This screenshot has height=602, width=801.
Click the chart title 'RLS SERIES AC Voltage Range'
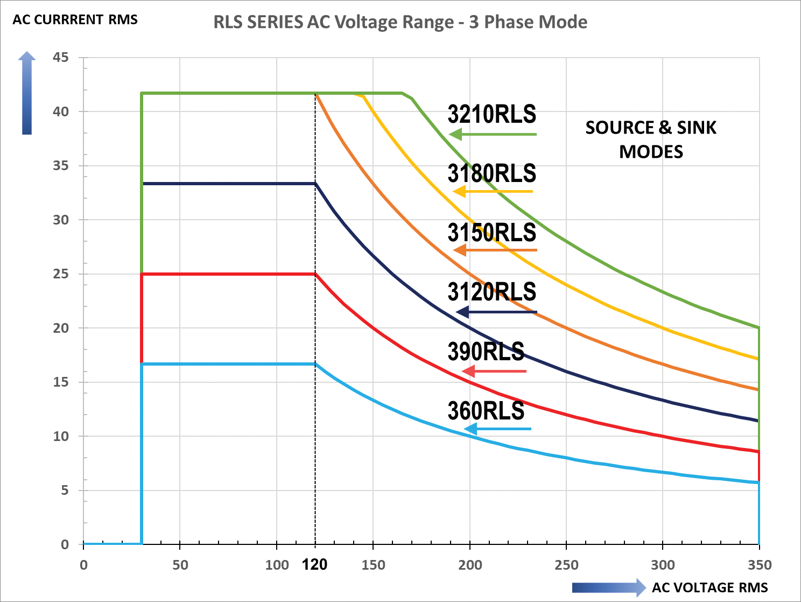tap(400, 22)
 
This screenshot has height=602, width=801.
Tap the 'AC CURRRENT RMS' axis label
tap(75, 20)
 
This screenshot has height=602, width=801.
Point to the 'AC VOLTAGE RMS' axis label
tap(709, 587)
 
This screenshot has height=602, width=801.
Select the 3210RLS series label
tap(491, 115)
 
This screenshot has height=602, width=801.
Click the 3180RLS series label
tap(491, 173)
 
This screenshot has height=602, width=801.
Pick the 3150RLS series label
tap(491, 233)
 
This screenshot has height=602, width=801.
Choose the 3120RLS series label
tap(491, 292)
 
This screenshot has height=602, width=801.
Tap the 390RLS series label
tap(486, 352)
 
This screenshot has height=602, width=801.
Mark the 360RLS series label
tap(486, 411)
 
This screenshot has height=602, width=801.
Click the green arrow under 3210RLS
tap(492, 134)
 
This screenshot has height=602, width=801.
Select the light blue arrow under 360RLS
tap(497, 429)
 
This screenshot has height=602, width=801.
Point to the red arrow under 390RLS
tap(494, 371)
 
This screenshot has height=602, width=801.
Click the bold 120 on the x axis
tap(314, 564)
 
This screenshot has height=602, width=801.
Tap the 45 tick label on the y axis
tap(61, 57)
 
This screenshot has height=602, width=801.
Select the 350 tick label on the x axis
tap(759, 565)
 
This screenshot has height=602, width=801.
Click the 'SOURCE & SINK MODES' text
tap(651, 139)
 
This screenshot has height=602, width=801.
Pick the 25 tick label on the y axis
tap(61, 274)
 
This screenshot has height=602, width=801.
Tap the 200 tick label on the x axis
tap(470, 565)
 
